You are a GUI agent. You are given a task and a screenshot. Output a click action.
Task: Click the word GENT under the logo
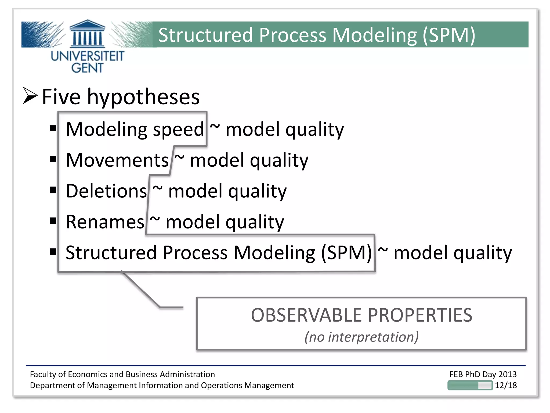tap(87, 68)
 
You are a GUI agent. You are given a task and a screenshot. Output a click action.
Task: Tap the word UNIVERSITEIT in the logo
tap(87, 56)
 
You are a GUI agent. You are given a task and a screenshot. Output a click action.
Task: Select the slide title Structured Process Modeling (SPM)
tap(317, 35)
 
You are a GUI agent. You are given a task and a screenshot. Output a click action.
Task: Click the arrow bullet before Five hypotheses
tap(30, 96)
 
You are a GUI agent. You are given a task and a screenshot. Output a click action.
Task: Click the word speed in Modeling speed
tap(178, 130)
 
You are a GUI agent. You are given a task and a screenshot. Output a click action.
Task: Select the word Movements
tap(117, 160)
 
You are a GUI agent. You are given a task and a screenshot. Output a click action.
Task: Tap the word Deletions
tap(106, 191)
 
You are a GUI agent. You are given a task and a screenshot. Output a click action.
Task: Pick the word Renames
tap(105, 222)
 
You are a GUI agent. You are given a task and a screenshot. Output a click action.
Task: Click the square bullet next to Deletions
tap(53, 190)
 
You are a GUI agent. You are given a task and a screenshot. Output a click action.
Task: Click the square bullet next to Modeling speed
tap(53, 128)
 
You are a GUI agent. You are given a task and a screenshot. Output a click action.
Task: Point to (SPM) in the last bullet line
tap(346, 253)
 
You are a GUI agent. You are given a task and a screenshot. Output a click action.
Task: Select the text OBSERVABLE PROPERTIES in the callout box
tap(361, 315)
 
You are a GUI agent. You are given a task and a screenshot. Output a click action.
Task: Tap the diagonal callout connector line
tap(141, 290)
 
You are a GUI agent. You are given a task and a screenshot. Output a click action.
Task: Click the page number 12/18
tap(506, 385)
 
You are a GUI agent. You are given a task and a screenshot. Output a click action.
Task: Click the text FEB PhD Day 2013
tap(483, 374)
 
